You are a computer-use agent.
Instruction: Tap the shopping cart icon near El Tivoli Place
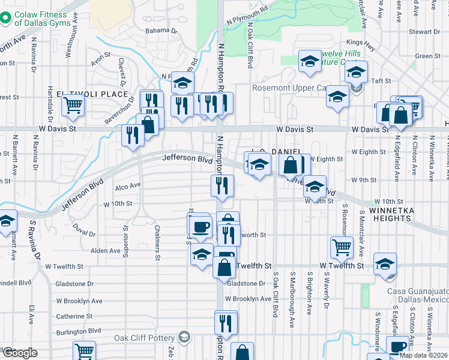[x=73, y=105]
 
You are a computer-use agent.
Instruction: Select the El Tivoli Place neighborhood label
[x=92, y=94]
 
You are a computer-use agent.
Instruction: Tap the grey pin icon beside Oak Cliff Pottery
[x=185, y=337]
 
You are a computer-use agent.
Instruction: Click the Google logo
[x=20, y=353]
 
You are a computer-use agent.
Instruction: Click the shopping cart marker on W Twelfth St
[x=342, y=247]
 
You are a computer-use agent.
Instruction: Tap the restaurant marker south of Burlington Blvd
[x=226, y=323]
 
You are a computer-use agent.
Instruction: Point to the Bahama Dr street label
[x=161, y=30]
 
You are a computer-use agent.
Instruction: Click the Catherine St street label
[x=74, y=316]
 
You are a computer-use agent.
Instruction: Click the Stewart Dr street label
[x=424, y=31]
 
